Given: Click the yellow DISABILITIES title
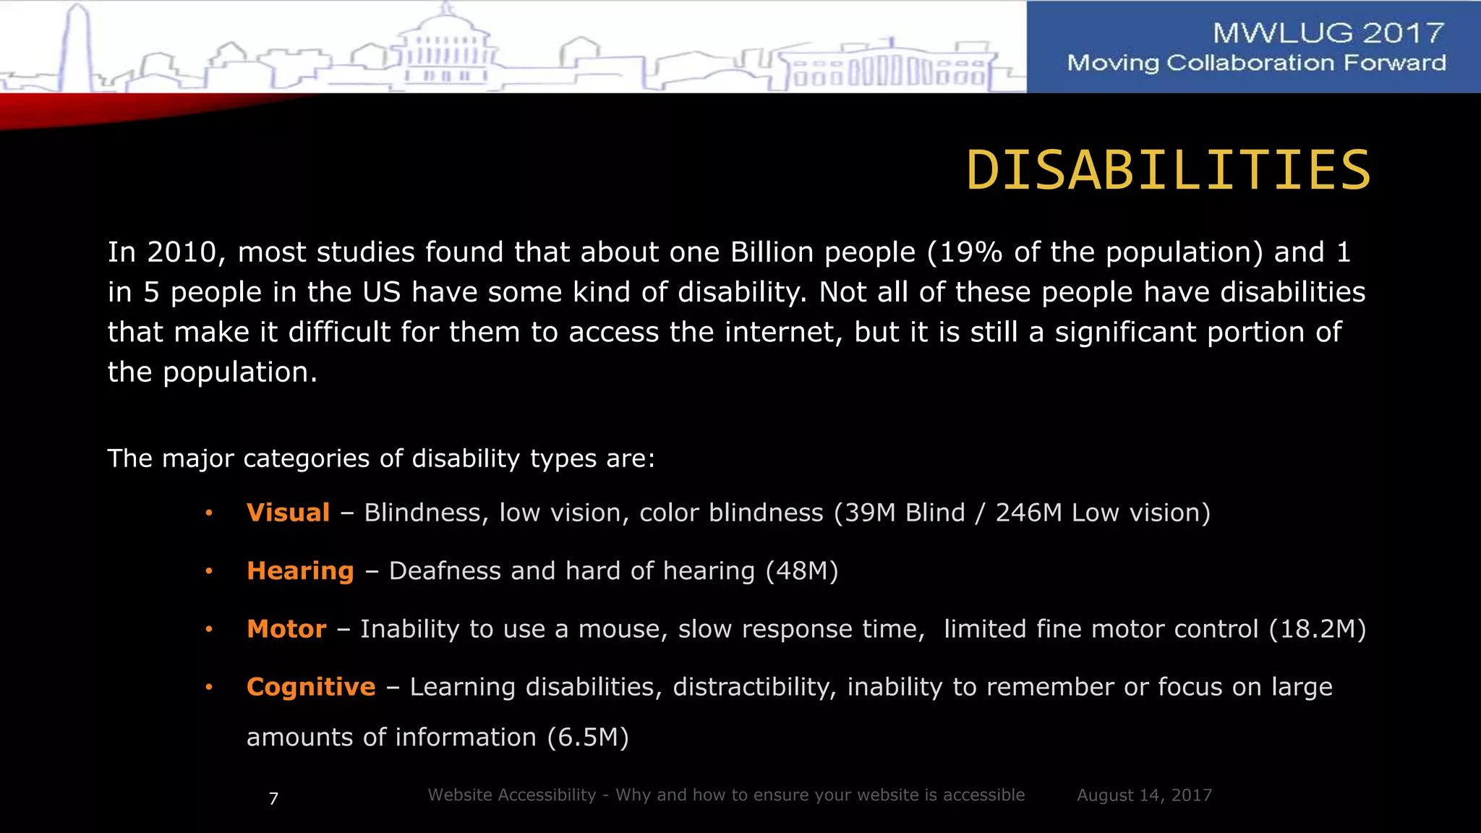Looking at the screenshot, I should [x=1168, y=171].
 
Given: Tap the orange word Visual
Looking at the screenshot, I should [x=288, y=513].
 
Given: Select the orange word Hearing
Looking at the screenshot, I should [x=300, y=571].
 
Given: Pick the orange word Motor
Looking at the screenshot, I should [x=286, y=629].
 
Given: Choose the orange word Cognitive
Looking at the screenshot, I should [x=311, y=687].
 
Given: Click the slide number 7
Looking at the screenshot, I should [x=273, y=798].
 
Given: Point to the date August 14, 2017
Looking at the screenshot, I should [x=1144, y=795].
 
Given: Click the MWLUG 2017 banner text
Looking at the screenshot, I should [x=1328, y=33].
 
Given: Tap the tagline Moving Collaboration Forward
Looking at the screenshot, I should [x=1256, y=63].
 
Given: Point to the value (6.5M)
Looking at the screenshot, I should [x=588, y=738].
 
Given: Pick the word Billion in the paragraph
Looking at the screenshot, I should [x=772, y=252].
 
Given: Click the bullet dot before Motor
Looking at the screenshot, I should [x=208, y=629].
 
